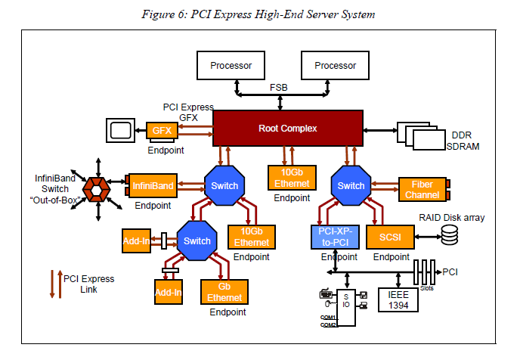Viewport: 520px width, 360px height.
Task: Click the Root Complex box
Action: click(x=288, y=128)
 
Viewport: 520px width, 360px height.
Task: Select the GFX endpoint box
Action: click(x=161, y=130)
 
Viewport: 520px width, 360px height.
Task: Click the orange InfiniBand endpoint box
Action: click(x=153, y=185)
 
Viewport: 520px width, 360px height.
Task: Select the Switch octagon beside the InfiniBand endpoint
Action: click(x=224, y=186)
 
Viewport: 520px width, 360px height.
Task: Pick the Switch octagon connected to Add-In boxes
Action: click(x=197, y=241)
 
